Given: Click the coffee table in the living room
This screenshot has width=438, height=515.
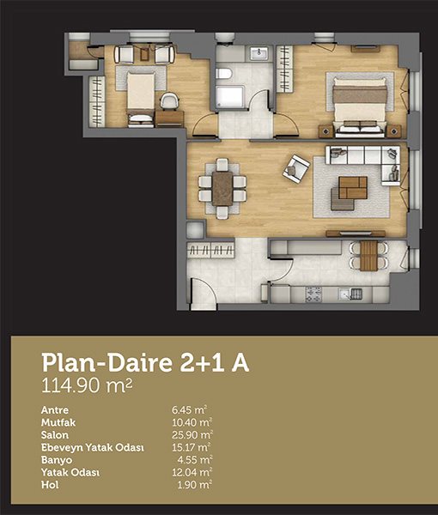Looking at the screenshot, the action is (x=353, y=187).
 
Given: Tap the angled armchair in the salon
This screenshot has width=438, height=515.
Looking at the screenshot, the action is (x=296, y=169).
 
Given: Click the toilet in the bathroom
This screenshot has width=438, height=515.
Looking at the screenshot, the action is (x=224, y=73).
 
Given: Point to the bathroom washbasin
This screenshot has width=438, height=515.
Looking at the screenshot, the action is (x=259, y=53).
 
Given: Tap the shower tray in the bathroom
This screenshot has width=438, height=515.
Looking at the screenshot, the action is (x=229, y=97).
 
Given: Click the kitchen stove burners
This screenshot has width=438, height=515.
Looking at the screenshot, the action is (x=313, y=294).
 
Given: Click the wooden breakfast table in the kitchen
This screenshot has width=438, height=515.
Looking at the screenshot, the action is (x=368, y=256).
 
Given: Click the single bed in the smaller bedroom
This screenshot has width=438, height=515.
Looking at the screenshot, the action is (x=141, y=100).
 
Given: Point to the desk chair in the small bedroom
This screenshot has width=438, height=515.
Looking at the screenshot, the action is (x=169, y=100).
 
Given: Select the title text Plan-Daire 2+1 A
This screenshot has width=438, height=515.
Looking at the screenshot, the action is (x=145, y=363).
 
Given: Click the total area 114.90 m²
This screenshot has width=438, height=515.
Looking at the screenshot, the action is (x=87, y=385).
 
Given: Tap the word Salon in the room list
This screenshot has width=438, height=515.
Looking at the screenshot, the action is (x=55, y=435).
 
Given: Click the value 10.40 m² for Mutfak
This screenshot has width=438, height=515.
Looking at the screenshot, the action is (x=192, y=422).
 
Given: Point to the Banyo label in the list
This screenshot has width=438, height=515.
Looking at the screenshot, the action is (x=57, y=460).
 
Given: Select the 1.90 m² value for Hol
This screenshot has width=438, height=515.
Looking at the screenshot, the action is (x=195, y=485).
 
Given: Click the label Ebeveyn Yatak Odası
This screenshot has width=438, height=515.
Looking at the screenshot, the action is (x=93, y=448).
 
